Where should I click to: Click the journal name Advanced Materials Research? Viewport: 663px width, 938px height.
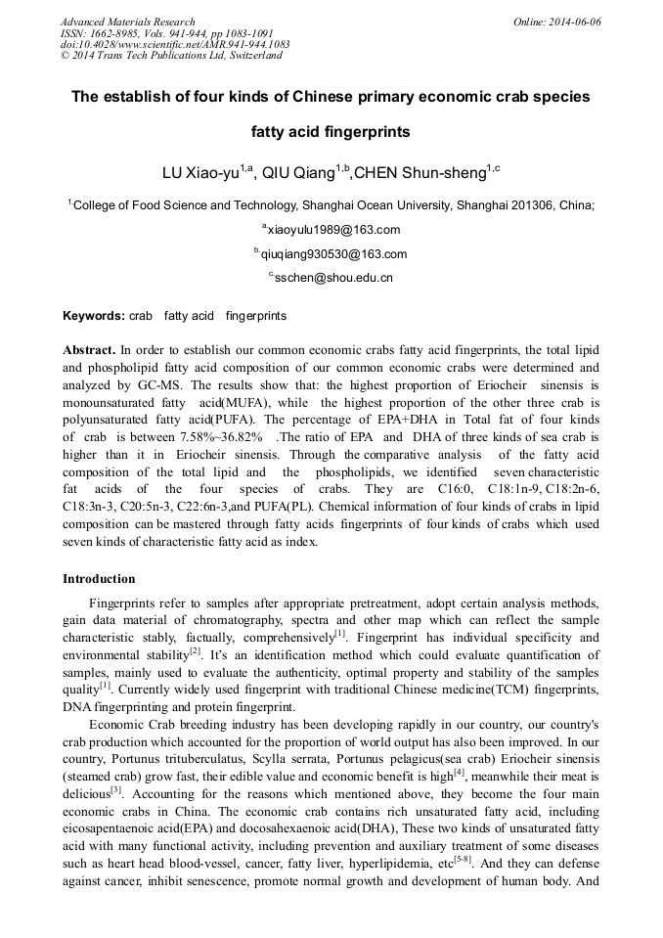[x=127, y=22]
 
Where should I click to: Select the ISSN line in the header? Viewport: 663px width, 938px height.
[x=160, y=33]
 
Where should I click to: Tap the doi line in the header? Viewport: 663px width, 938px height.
[x=175, y=44]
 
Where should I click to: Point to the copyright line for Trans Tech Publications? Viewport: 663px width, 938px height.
[x=171, y=56]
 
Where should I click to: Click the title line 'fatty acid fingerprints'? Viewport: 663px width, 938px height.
[x=331, y=131]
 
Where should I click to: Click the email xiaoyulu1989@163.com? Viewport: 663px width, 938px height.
[x=332, y=230]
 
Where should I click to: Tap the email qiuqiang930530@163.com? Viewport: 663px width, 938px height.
[x=331, y=254]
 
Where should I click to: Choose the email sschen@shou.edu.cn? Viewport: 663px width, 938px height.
[x=331, y=278]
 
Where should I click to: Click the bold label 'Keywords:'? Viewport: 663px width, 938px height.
[x=93, y=317]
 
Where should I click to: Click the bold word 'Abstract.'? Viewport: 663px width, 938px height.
[x=89, y=349]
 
